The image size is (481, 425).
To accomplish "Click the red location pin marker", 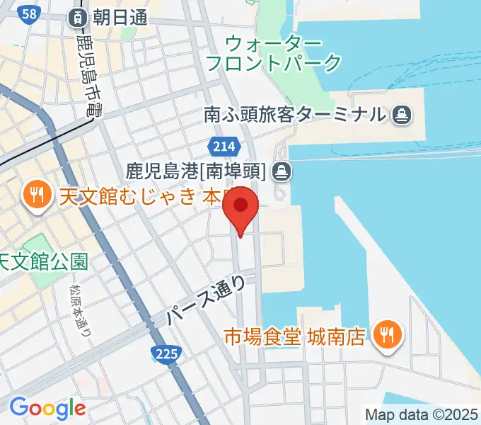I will pos(240,208).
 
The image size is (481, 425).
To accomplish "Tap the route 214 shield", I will pos(222,146).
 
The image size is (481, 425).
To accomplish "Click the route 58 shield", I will pos(29,14).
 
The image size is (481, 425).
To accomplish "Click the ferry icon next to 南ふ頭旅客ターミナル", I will pos(402,113).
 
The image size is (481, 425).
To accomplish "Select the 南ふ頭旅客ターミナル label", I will pos(294,113).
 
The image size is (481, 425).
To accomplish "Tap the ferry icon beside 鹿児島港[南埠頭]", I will pos(282,170).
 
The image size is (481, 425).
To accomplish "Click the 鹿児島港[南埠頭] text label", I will pos(196,171).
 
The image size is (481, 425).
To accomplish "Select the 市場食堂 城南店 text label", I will pos(295,334).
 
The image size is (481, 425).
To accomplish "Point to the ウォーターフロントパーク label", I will pos(273,53).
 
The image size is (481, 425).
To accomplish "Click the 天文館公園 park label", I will pos(44,262).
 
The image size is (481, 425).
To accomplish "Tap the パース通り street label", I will pos(207,301).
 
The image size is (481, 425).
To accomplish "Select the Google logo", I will pos(47,408).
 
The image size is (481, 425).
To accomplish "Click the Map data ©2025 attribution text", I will pos(422,414).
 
